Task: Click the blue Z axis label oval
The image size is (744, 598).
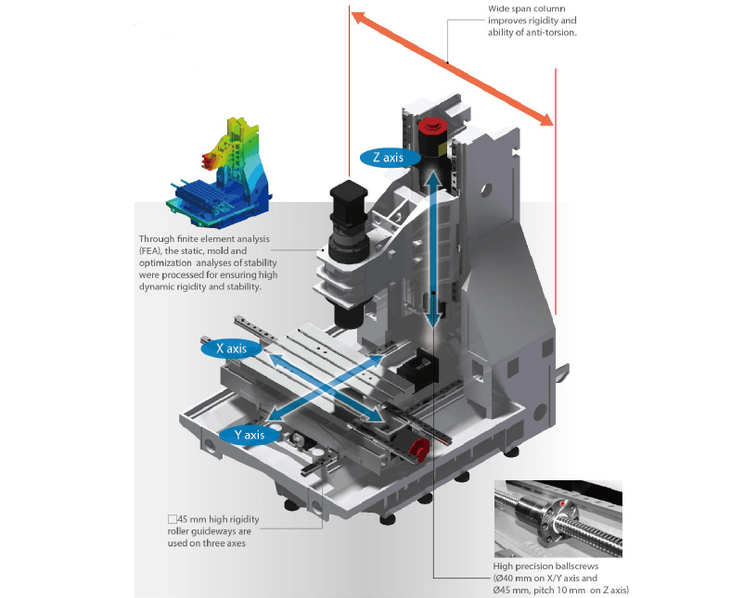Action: (389, 158)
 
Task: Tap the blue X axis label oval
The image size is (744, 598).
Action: (231, 349)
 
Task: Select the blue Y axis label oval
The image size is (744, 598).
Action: (250, 435)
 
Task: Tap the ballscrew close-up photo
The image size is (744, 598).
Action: (558, 519)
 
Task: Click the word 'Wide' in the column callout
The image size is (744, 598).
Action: (499, 8)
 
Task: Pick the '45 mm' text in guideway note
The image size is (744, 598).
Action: (193, 519)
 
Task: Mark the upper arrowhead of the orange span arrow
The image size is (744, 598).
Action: (358, 18)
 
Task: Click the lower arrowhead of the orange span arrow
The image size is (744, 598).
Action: (545, 119)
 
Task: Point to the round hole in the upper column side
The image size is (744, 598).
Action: (485, 191)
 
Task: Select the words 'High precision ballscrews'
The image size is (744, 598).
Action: (545, 566)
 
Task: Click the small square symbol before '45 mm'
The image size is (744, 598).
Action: (173, 519)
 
